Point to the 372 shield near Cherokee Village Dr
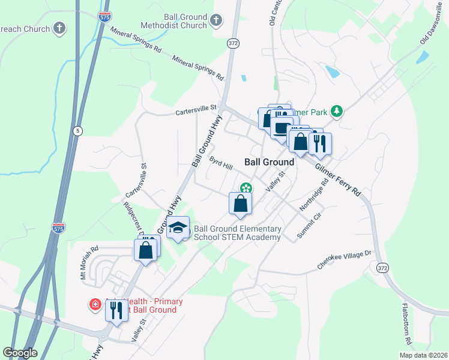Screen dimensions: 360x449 [x=382, y=267]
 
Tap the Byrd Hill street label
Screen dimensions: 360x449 [x=220, y=163]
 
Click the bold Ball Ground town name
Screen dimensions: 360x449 [x=270, y=162]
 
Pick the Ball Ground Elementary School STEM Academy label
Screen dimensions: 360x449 [x=238, y=233]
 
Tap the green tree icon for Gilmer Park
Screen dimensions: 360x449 [x=337, y=110]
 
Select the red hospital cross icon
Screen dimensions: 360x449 [x=95, y=305]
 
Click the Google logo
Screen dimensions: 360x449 [x=20, y=353]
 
